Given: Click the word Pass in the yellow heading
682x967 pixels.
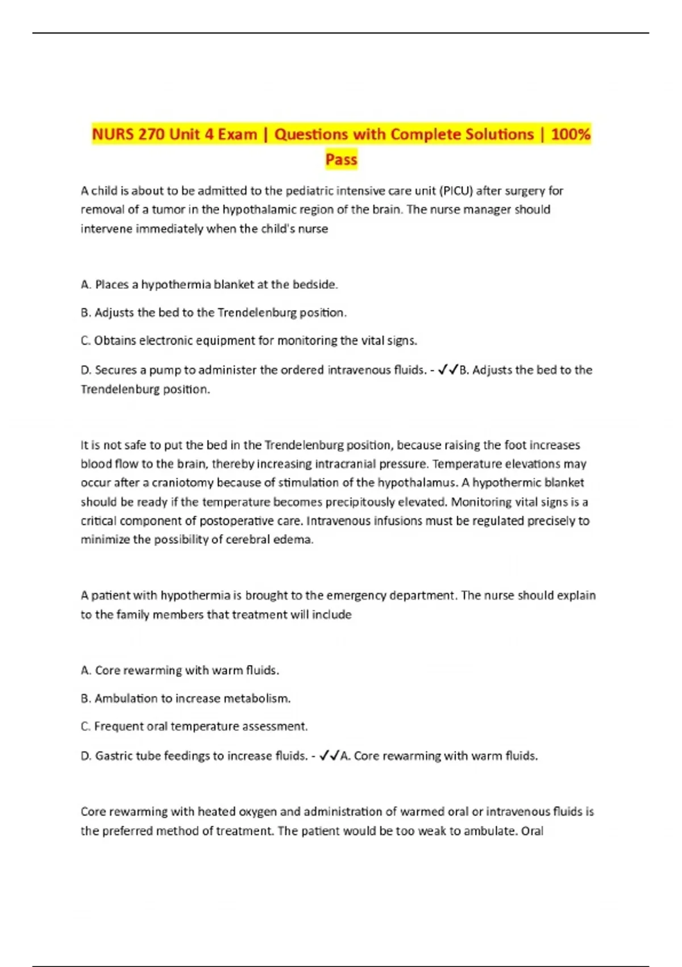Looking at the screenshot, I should coord(341,159).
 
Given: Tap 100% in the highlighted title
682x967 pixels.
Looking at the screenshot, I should coord(571,135).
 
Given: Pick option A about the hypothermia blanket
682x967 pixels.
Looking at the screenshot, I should coord(209,284).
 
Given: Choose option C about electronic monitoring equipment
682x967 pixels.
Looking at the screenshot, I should coord(249,341).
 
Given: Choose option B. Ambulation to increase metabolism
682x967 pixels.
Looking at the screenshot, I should coord(185,699).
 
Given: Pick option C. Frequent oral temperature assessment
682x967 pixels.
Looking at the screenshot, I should coord(194,726).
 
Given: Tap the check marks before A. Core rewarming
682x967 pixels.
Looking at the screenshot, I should coord(329,756).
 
